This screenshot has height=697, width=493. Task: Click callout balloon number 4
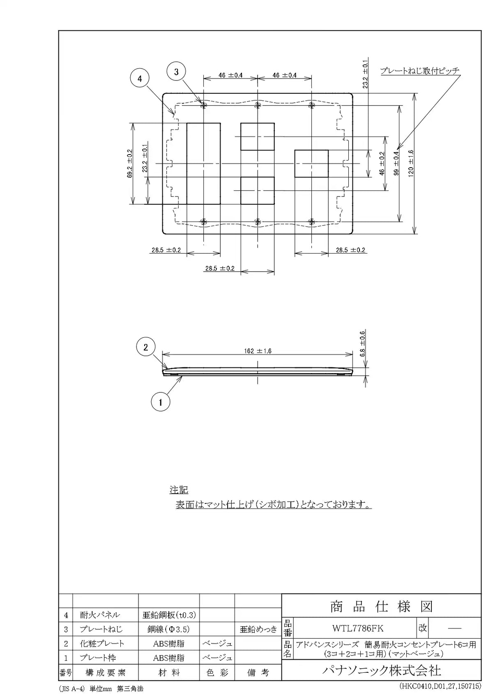pos(140,79)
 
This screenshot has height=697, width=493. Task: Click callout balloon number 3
pos(176,72)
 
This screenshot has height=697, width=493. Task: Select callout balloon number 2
pos(145,347)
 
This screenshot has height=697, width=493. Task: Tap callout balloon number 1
pos(161,403)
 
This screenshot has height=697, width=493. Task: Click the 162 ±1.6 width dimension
pos(258,351)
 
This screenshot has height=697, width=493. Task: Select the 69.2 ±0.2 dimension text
pos(130,164)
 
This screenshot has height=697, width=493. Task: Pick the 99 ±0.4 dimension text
pos(396,164)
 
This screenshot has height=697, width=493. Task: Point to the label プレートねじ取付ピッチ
pos(420,71)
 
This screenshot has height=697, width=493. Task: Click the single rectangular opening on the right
pos(311,164)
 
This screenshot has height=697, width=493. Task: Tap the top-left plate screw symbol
pos(203,105)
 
